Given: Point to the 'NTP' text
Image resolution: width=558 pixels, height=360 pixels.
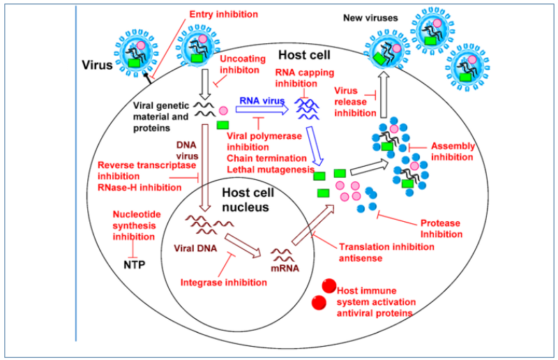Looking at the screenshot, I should (133, 264).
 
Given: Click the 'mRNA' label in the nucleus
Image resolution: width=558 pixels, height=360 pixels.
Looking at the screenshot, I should (284, 268).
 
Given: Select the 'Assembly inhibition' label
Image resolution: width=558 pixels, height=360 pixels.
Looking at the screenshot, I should (453, 151).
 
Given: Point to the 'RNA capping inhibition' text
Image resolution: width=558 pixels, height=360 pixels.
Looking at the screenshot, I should (304, 79).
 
